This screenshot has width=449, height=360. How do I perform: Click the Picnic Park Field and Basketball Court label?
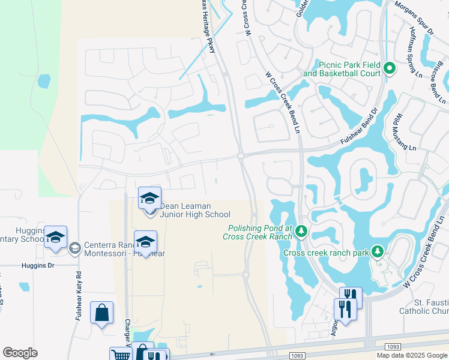click(342, 69)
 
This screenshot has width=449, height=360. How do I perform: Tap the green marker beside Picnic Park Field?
click(389, 68)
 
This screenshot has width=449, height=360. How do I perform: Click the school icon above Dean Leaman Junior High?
click(150, 198)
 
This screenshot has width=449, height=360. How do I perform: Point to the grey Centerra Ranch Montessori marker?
click(74, 248)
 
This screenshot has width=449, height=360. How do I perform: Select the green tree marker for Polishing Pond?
click(301, 231)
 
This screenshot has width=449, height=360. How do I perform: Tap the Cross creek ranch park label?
click(326, 253)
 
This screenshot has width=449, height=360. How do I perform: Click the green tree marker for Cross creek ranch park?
click(378, 251)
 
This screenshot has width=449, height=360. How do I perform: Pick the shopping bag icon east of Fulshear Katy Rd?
click(101, 313)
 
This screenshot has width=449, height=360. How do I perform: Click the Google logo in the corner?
click(20, 353)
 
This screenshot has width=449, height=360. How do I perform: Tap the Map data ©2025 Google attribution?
click(411, 355)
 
